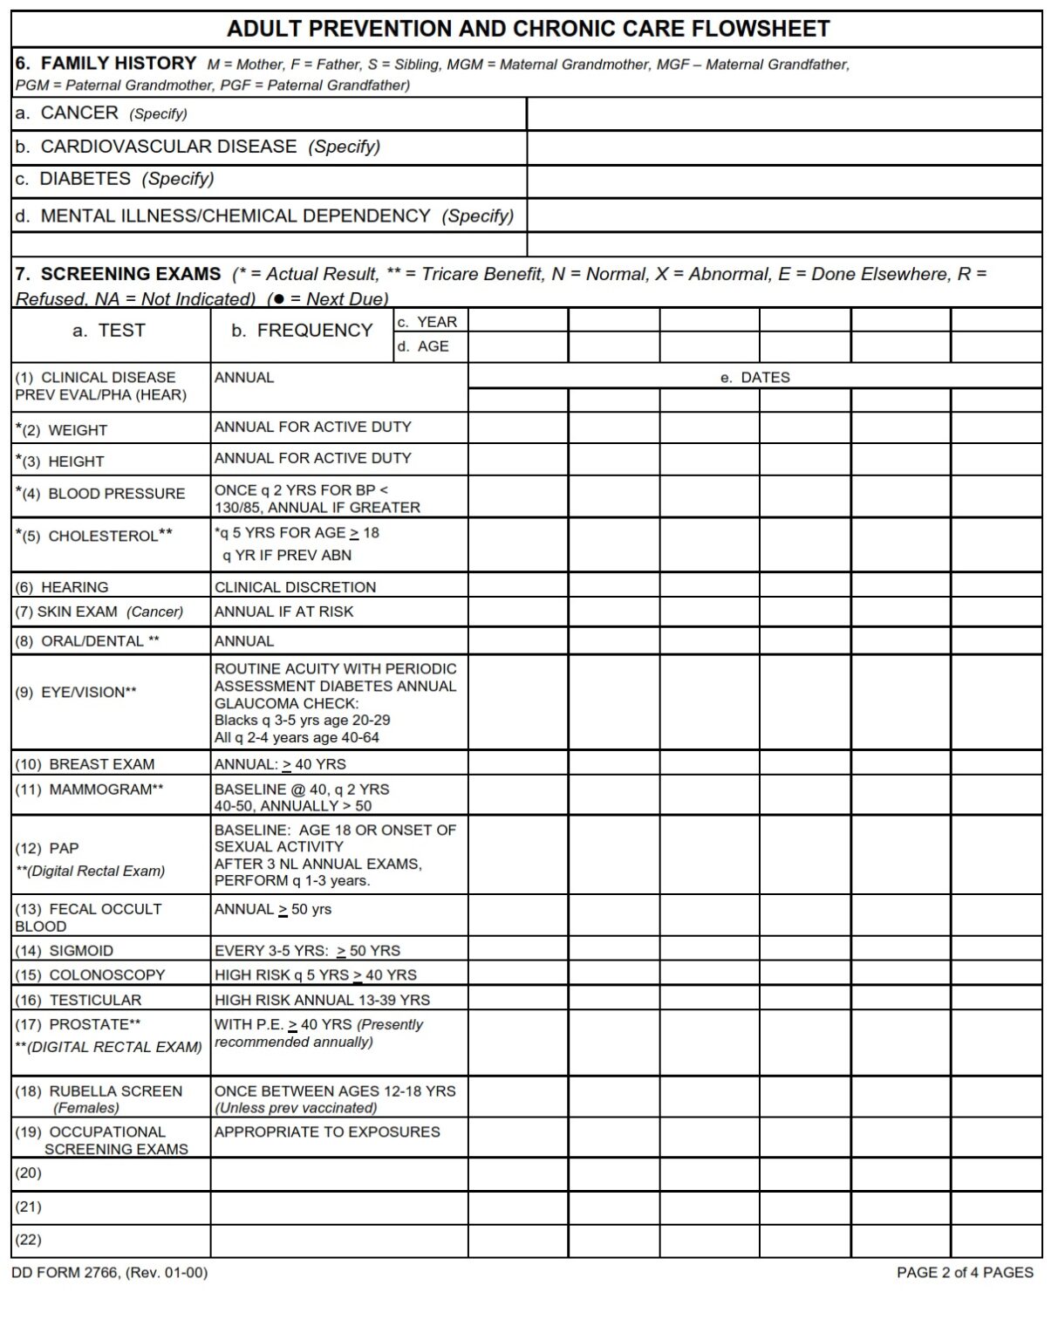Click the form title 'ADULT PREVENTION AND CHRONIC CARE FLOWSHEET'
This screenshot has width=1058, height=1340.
point(528,29)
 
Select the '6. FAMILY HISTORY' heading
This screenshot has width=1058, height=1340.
point(106,63)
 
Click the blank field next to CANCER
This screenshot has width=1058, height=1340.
point(783,113)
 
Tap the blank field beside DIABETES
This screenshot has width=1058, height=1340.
point(783,181)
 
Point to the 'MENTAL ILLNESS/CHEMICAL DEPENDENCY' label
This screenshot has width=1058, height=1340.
point(235,215)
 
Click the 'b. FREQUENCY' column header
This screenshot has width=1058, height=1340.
point(302,331)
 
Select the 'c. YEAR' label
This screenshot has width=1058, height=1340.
point(427,322)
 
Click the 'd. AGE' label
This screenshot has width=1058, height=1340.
point(423,346)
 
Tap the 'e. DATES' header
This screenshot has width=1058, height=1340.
point(754,377)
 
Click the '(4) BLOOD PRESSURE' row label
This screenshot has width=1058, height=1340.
point(103,493)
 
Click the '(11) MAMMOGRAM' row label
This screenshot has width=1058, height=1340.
point(90,790)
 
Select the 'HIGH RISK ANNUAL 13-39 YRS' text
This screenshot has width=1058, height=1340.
point(322,1000)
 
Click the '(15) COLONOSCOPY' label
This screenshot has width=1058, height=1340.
point(91,975)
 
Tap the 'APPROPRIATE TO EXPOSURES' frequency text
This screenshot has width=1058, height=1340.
point(327,1131)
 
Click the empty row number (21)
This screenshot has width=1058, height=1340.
point(28,1207)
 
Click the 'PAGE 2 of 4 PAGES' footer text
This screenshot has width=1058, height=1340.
point(964,1273)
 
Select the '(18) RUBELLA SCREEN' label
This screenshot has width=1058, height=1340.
point(99,1091)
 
